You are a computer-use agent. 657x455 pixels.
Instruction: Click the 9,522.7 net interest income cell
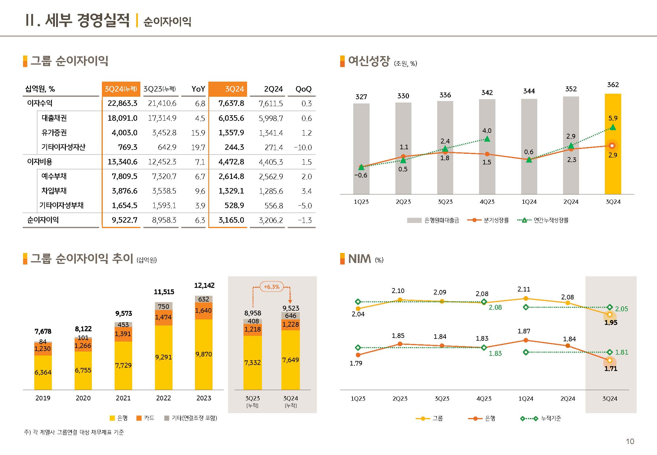[124, 220]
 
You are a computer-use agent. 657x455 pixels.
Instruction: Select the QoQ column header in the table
[303, 89]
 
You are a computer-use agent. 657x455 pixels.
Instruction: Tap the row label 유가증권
[54, 133]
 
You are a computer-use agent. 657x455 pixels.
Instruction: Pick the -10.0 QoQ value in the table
[303, 147]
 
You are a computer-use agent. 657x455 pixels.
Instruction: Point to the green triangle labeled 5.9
[613, 127]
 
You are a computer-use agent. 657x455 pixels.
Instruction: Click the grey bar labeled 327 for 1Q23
[361, 149]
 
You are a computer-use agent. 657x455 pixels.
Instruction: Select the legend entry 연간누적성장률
[551, 220]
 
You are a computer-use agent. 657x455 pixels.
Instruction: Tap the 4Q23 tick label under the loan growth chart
[487, 202]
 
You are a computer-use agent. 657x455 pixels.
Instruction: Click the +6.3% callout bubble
[272, 287]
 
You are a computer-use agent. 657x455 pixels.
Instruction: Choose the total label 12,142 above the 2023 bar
[204, 285]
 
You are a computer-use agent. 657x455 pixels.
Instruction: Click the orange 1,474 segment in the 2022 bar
[163, 317]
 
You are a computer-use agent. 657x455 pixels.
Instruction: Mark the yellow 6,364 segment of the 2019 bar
[43, 372]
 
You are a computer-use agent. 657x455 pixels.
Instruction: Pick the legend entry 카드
[149, 418]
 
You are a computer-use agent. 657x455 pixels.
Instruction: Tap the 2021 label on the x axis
[123, 398]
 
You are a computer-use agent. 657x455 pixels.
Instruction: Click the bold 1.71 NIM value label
[611, 369]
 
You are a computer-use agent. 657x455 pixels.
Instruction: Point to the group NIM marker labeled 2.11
[526, 298]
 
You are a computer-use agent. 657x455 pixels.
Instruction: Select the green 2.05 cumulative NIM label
[622, 309]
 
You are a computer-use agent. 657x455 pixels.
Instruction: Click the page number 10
[630, 441]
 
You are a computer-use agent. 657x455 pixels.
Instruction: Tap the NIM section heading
[360, 259]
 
